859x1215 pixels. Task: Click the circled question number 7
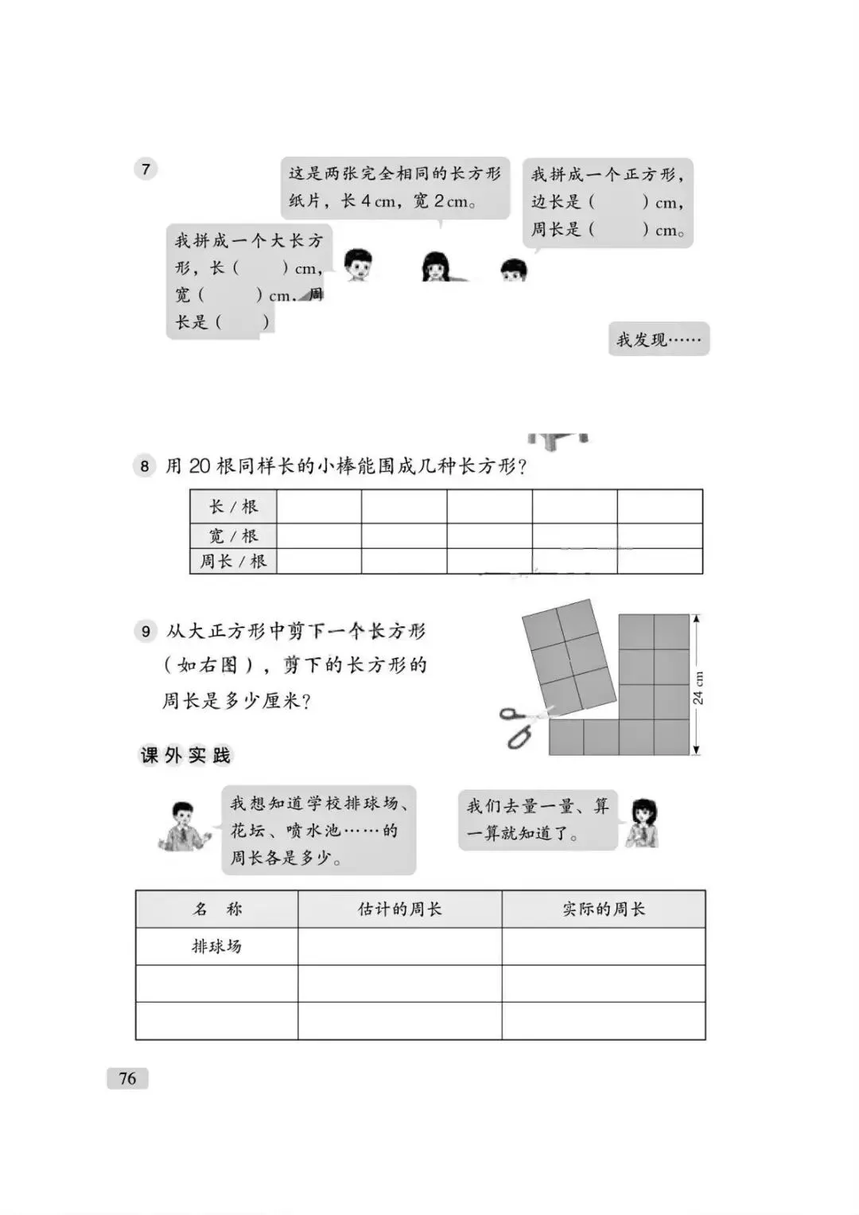[146, 169]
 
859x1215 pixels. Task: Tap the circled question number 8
[144, 465]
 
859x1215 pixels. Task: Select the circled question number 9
[146, 632]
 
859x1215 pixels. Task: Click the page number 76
[127, 1078]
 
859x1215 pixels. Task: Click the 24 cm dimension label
[698, 687]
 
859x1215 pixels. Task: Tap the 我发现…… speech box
[659, 340]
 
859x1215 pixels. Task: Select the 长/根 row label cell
[233, 507]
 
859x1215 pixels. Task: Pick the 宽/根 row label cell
[233, 535]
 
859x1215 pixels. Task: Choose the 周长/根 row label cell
[233, 561]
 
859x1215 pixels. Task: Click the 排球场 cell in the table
[216, 946]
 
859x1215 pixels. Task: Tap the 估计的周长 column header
[399, 909]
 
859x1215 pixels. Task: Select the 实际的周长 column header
[604, 909]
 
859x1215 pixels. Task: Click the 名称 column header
[216, 909]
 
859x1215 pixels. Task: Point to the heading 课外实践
[185, 755]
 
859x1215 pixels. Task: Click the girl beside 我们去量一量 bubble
[641, 823]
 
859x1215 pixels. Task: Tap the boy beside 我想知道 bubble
[183, 826]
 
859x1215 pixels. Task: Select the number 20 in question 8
[200, 465]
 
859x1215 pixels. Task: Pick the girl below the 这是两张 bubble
[435, 267]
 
